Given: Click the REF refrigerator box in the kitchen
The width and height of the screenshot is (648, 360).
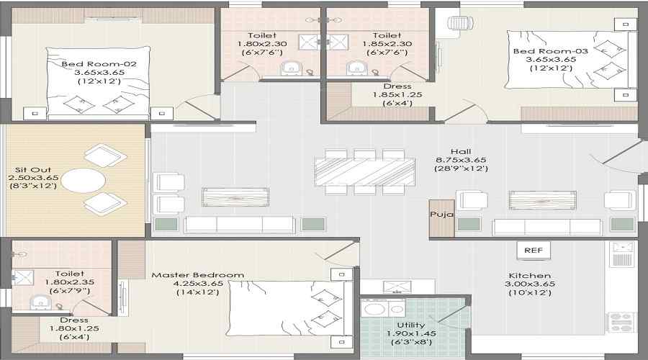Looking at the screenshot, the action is point(533,250).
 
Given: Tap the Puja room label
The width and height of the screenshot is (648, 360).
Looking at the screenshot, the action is point(442,214).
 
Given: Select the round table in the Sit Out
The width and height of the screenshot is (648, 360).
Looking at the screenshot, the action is point(83,180).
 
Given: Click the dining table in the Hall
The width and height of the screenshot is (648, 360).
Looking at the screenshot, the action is point(365,171).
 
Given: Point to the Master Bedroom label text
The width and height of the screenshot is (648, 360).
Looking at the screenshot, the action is point(198,275).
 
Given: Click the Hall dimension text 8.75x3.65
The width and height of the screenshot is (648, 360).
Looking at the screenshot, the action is point(461,160).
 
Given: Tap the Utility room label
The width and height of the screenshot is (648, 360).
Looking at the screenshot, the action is point(411,325).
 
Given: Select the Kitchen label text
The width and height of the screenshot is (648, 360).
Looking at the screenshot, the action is point(529,275).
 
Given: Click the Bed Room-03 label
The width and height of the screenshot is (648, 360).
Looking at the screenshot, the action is point(551,51).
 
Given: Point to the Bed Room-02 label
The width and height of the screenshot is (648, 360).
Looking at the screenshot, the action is point(99,63).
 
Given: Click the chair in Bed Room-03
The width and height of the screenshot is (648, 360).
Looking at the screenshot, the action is point(459,23).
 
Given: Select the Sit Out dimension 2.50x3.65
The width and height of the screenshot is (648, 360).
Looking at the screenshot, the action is point(33,178).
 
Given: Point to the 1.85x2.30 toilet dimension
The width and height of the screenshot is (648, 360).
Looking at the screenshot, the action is point(387,44).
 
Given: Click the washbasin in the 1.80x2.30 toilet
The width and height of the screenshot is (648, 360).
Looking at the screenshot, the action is point(292,68).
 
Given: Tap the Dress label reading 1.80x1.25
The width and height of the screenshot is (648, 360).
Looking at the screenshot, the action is point(74,328).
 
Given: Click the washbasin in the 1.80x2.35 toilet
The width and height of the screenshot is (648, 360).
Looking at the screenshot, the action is point(40,302).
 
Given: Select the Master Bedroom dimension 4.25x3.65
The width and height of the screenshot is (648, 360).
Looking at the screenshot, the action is point(198,284).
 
